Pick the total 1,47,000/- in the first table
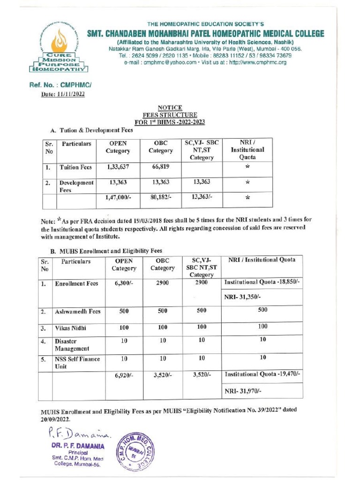tap(119, 198)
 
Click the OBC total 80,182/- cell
tap(161, 198)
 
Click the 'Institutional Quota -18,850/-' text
tap(262, 282)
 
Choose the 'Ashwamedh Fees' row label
tap(77, 311)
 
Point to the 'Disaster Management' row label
tap(72, 345)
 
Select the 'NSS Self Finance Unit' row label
tap(77, 362)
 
